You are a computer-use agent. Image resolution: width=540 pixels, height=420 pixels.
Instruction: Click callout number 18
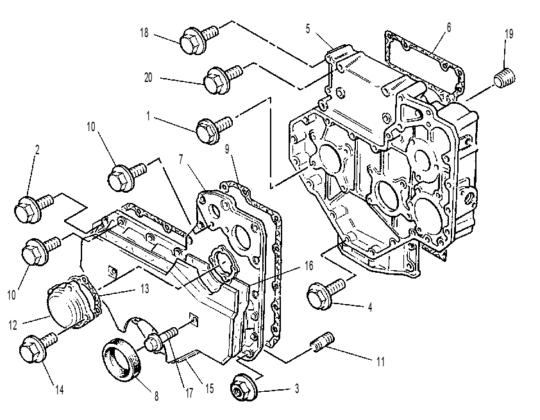(144, 33)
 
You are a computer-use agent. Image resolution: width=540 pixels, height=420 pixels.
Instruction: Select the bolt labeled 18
(199, 39)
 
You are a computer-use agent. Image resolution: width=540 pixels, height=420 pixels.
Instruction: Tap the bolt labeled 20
(223, 79)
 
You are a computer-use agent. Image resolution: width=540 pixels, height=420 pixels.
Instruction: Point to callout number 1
(148, 116)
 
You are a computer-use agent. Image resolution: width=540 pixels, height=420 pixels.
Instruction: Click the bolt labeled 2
(34, 208)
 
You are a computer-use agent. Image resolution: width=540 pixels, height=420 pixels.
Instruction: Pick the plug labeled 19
(505, 79)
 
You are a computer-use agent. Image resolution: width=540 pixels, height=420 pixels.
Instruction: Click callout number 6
(448, 28)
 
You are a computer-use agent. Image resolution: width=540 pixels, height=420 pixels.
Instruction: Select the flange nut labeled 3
(243, 388)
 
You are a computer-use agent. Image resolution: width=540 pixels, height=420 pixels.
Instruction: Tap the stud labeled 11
(323, 342)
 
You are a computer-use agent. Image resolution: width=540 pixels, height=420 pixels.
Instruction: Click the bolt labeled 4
(325, 293)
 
